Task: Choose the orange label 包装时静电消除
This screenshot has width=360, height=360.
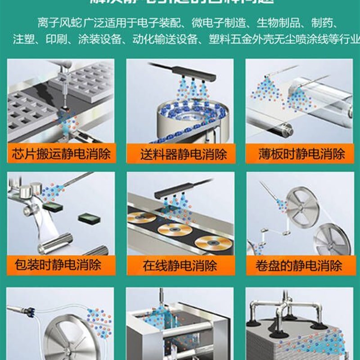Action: click(x=60, y=264)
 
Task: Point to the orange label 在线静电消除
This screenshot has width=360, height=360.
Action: click(x=180, y=265)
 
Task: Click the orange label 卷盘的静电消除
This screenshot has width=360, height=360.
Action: click(x=299, y=265)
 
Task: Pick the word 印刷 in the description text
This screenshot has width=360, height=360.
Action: click(x=56, y=39)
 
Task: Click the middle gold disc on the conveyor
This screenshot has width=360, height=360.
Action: click(x=175, y=229)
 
